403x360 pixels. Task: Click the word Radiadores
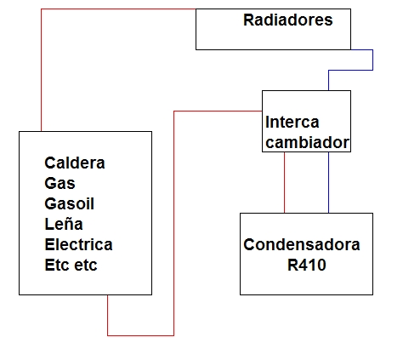288,20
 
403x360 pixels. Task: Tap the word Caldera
75,163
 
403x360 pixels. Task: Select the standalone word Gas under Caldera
60,183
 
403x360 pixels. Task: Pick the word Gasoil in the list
70,203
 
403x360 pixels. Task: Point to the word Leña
64,224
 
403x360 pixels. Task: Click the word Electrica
79,244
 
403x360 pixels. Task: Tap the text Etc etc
71,265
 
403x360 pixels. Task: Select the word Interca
292,123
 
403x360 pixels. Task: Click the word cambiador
308,142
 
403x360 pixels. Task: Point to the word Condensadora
302,244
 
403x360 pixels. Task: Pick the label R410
307,265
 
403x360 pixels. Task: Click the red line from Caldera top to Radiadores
42,9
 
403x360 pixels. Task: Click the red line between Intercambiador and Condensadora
285,182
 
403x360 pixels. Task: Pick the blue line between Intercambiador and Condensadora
329,182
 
